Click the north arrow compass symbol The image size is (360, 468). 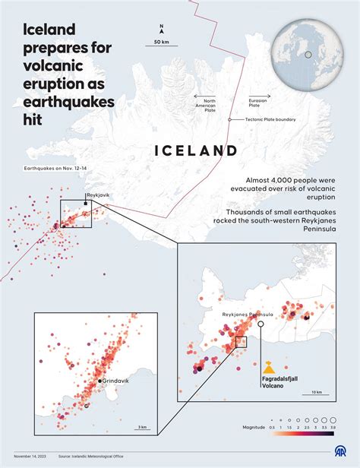161,29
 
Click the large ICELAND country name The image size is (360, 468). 196,150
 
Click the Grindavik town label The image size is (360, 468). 117,381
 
